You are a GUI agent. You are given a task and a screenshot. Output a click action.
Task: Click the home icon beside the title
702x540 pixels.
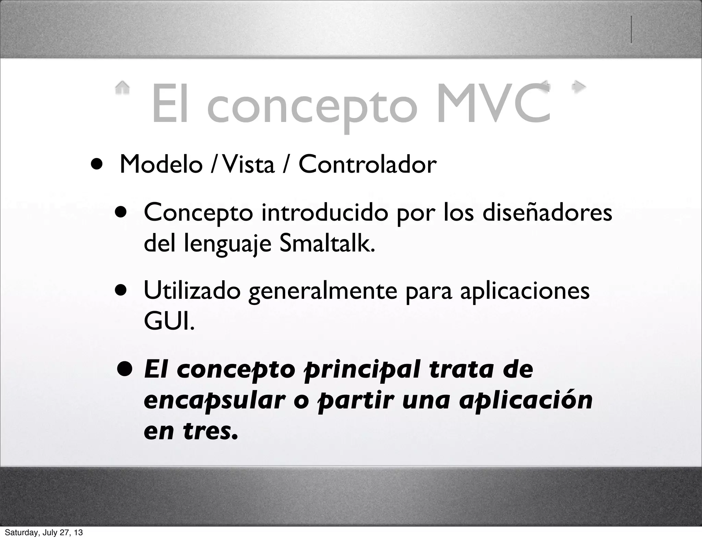click(122, 87)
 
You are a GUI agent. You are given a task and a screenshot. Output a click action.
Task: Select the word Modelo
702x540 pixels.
click(161, 164)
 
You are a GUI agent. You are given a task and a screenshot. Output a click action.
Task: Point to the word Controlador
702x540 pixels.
click(367, 164)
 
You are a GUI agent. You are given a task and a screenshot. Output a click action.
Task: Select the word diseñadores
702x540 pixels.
click(547, 212)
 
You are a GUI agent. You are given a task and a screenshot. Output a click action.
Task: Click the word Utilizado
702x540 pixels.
click(192, 291)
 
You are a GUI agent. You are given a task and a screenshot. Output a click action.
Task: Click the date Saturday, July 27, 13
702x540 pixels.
click(44, 532)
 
